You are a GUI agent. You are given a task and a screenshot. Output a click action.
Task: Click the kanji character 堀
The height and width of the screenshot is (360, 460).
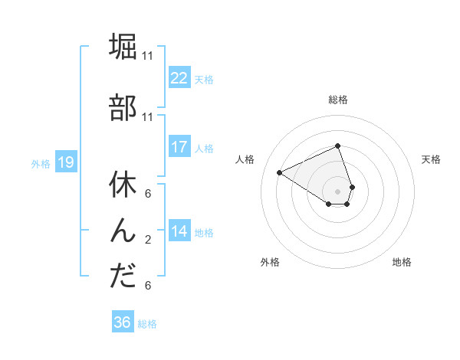tap(123, 47)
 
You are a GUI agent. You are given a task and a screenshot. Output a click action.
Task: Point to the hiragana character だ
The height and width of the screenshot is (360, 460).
tap(123, 277)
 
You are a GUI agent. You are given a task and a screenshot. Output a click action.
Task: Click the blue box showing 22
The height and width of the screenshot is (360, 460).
tap(179, 77)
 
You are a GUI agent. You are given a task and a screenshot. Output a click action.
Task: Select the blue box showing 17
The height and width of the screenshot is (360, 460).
tap(179, 147)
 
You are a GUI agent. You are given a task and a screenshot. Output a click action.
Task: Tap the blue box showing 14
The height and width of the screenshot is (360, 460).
tap(179, 231)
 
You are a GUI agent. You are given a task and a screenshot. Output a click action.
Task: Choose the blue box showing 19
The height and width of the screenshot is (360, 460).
tap(65, 162)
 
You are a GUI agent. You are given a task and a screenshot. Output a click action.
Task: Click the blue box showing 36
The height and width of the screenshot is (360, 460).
tap(122, 322)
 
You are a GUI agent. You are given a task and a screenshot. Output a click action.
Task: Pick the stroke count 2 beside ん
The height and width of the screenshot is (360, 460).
tap(147, 240)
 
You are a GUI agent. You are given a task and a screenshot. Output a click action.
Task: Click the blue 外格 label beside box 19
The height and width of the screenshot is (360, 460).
tap(40, 163)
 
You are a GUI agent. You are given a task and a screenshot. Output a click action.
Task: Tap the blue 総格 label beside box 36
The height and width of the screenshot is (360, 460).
tap(147, 324)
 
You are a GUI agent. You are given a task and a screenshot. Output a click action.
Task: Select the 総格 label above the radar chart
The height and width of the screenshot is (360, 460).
tap(338, 100)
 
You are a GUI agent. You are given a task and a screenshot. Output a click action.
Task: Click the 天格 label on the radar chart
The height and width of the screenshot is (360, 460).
tap(431, 159)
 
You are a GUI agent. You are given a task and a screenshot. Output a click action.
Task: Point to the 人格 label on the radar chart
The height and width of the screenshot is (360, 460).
tap(245, 159)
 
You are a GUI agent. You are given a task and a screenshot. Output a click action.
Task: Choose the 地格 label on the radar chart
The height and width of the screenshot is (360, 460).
tap(402, 262)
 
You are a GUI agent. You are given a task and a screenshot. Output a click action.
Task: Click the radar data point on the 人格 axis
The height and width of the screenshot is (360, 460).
tap(280, 172)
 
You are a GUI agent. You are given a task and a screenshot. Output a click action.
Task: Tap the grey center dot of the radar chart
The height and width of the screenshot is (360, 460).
tap(338, 191)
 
